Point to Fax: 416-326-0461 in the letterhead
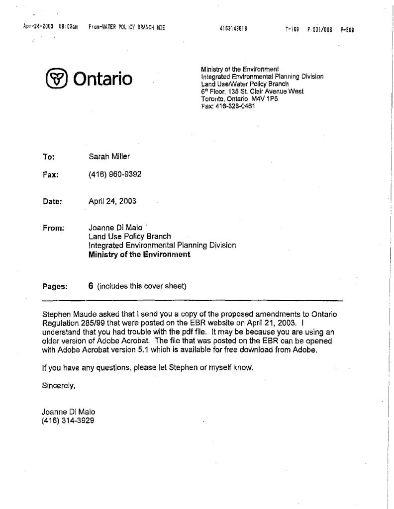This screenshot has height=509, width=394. [x=225, y=105]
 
